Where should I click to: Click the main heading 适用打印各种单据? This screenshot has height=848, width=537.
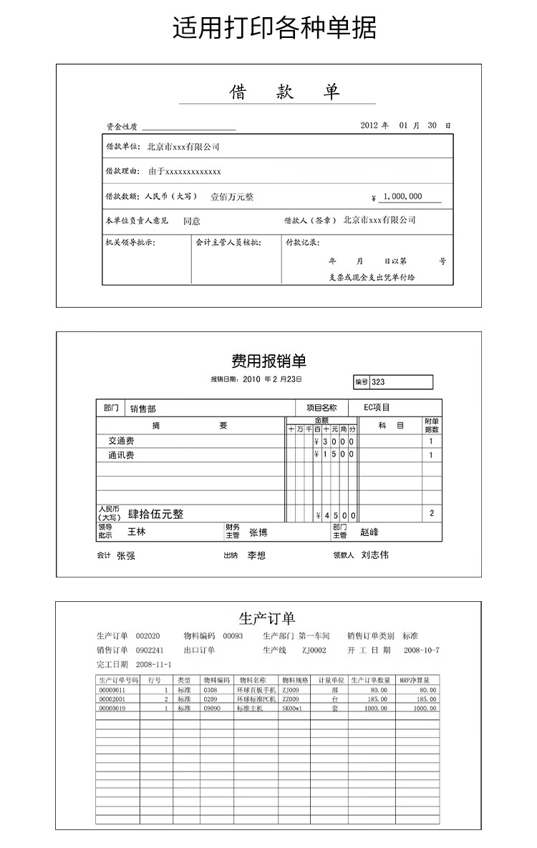[x=274, y=28]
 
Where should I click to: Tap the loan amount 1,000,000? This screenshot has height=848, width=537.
[x=402, y=197]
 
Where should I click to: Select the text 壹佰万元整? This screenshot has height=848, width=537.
[x=231, y=197]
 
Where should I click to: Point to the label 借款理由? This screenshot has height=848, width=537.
[x=122, y=172]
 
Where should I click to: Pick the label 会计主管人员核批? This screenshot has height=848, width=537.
[x=228, y=243]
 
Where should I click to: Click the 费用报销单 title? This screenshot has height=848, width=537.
[x=268, y=361]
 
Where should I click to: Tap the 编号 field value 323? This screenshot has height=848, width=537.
[x=378, y=382]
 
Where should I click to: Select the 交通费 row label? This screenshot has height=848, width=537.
[x=121, y=441]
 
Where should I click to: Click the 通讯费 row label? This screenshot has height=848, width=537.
[x=121, y=455]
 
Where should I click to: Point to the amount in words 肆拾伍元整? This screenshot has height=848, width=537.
[x=155, y=514]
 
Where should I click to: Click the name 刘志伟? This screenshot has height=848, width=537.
[x=375, y=555]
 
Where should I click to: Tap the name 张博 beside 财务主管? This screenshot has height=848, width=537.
[x=258, y=532]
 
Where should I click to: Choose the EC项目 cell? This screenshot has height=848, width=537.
[x=377, y=408]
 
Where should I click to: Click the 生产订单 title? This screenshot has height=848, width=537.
[x=266, y=618]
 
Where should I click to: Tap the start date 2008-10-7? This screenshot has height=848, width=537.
[x=422, y=650]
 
